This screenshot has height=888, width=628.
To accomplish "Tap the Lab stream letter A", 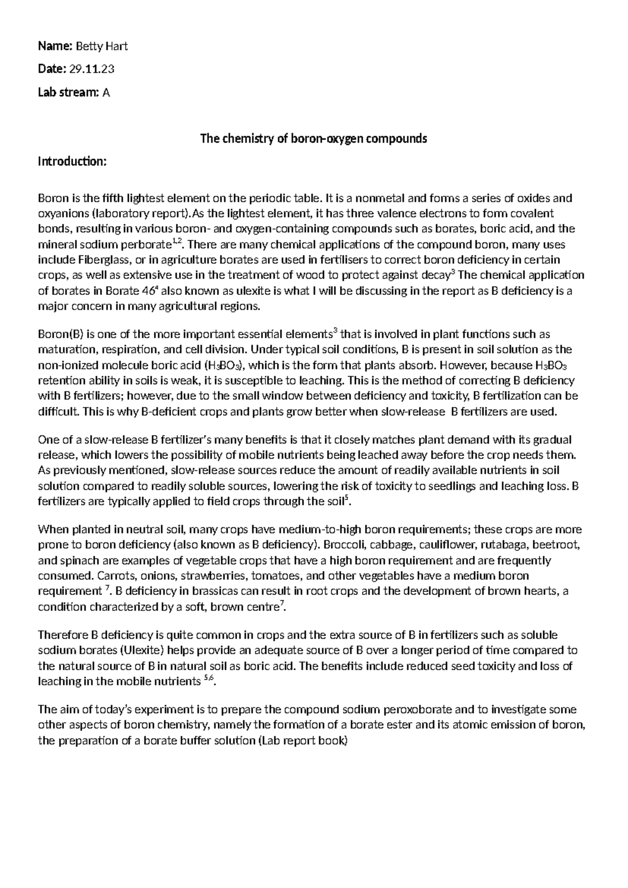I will [106, 93].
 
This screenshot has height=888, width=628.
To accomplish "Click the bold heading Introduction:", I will [72, 161].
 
